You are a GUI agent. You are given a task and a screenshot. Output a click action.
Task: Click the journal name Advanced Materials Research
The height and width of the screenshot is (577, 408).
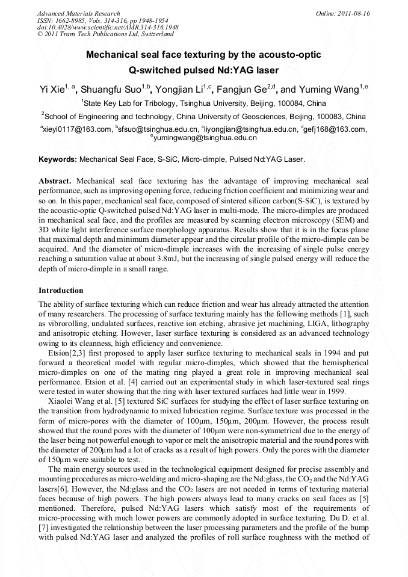(78, 13)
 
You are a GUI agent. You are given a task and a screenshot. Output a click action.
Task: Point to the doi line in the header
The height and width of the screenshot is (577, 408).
(108, 28)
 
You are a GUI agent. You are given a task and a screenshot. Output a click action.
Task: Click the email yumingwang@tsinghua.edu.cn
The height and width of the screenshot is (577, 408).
(205, 138)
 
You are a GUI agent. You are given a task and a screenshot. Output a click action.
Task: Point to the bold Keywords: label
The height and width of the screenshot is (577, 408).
(58, 160)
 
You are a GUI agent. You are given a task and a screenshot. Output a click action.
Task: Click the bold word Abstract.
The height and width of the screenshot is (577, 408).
(55, 181)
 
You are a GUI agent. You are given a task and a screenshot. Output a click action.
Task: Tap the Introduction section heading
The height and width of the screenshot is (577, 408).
(61, 291)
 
